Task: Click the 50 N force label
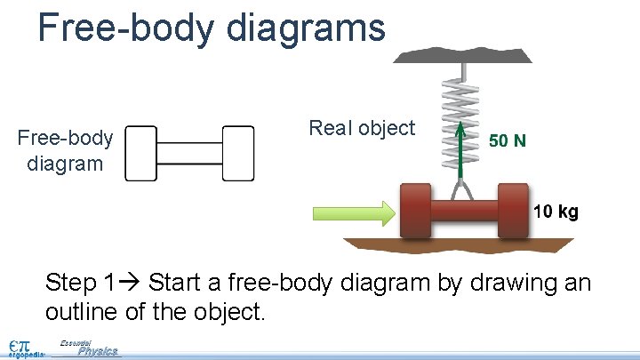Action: (508, 140)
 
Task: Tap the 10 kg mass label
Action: (556, 212)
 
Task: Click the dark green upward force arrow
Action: (460, 151)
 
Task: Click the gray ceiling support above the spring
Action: (462, 55)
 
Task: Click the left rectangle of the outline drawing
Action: (141, 153)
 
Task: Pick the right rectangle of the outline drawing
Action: (237, 153)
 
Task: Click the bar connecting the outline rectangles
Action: (189, 153)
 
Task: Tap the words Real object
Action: (362, 128)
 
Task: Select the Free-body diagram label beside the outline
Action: (66, 151)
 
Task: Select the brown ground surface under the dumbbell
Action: (462, 244)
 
